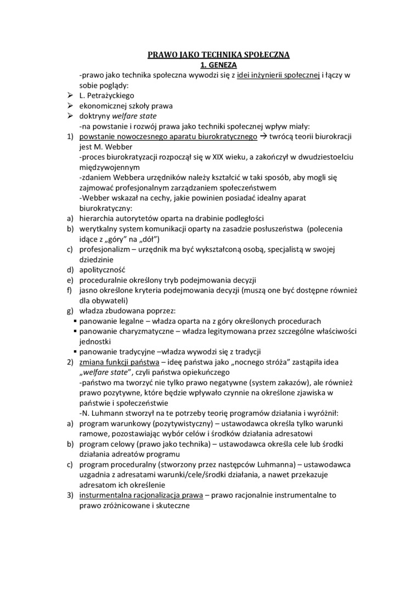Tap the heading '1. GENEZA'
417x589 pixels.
218,64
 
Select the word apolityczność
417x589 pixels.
103,270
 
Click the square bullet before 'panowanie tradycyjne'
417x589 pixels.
75,352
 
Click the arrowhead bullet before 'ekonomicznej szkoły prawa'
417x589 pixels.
70,106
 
